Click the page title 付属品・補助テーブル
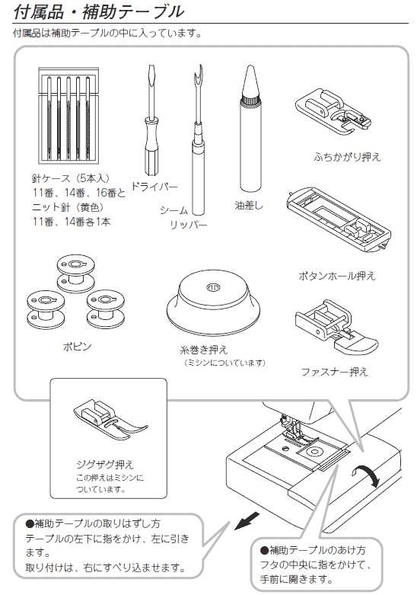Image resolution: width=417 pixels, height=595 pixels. point(98,11)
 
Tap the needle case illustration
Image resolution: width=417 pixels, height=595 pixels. point(68,115)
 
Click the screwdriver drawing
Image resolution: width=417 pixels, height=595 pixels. point(151,120)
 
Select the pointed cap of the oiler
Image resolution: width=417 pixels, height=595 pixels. point(250,82)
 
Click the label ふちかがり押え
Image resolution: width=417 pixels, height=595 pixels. point(347,157)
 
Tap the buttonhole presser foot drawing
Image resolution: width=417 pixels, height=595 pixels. point(339,219)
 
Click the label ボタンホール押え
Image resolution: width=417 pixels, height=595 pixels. point(336,276)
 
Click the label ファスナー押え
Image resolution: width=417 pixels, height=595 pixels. point(334,372)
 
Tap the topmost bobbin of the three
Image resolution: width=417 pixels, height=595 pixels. point(76,274)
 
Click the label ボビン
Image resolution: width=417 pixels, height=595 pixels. point(77,347)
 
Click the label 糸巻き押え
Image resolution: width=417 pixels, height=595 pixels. point(204,350)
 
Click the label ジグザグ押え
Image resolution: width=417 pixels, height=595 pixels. point(105,465)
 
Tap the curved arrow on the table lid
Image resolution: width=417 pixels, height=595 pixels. point(366,476)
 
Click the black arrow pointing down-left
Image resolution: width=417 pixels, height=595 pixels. point(247,520)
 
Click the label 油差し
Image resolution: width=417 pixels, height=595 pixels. point(249,206)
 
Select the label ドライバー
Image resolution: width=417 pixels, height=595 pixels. point(154,187)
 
